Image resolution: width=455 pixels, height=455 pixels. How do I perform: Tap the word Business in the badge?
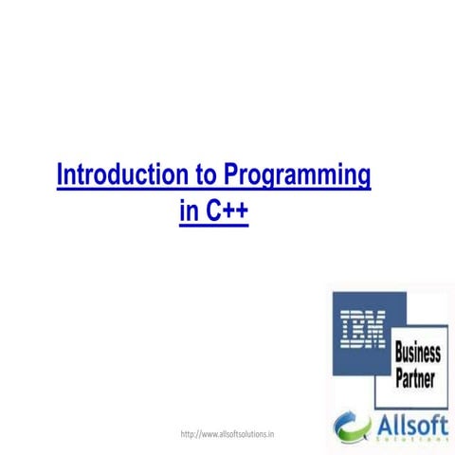click(418, 354)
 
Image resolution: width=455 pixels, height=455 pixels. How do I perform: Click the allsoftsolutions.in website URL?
click(227, 434)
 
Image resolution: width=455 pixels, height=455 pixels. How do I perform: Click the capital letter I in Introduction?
click(62, 176)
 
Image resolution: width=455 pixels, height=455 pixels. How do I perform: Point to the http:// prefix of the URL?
click(190, 434)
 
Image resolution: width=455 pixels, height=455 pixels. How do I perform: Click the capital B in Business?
click(399, 354)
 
